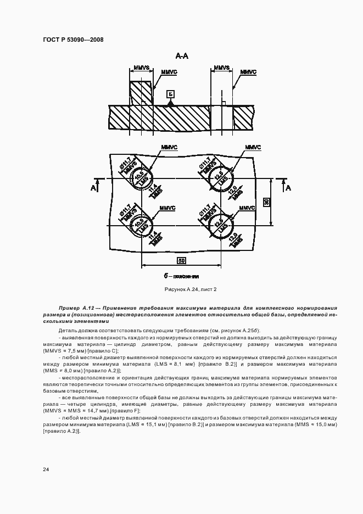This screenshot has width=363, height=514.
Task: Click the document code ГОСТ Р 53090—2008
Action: [x=72, y=40]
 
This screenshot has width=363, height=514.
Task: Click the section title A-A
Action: [x=182, y=56]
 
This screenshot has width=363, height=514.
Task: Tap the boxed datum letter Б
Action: [x=171, y=93]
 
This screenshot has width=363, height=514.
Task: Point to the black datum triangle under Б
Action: [x=171, y=103]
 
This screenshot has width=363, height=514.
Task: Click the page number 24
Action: [x=45, y=470]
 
